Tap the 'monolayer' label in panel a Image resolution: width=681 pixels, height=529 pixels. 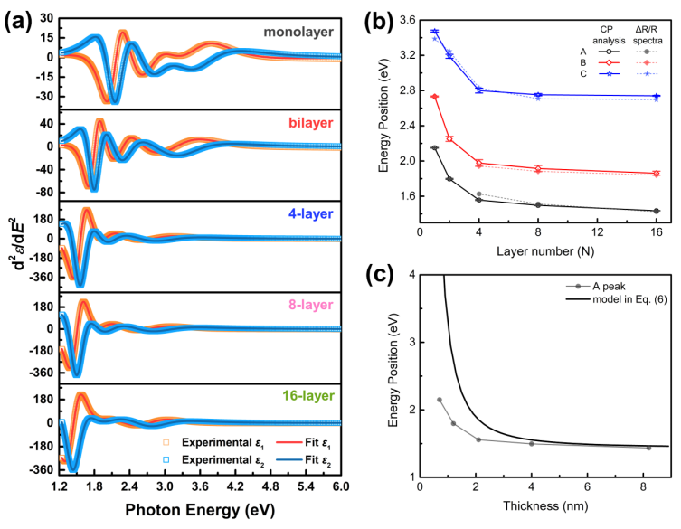click(298, 33)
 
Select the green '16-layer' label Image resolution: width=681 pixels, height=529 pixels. click(306, 395)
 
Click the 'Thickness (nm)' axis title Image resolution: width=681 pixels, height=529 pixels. click(544, 510)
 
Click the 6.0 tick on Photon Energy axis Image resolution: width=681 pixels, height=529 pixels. click(338, 486)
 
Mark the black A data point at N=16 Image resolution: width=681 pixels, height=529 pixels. click(657, 211)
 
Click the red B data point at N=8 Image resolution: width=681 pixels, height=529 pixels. click(538, 168)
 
